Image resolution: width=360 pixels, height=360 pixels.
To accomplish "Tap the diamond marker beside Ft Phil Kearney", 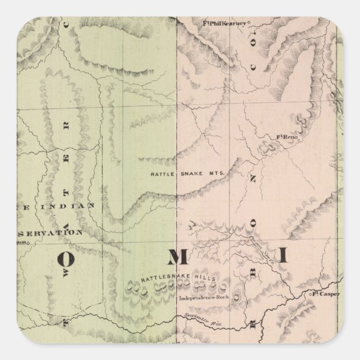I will (x=250, y=23).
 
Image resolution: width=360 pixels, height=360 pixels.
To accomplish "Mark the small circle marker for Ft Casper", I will (x=311, y=292).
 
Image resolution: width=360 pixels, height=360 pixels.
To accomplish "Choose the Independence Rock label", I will (x=202, y=298).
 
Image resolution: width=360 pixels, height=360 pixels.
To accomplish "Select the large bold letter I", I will (x=283, y=257).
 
